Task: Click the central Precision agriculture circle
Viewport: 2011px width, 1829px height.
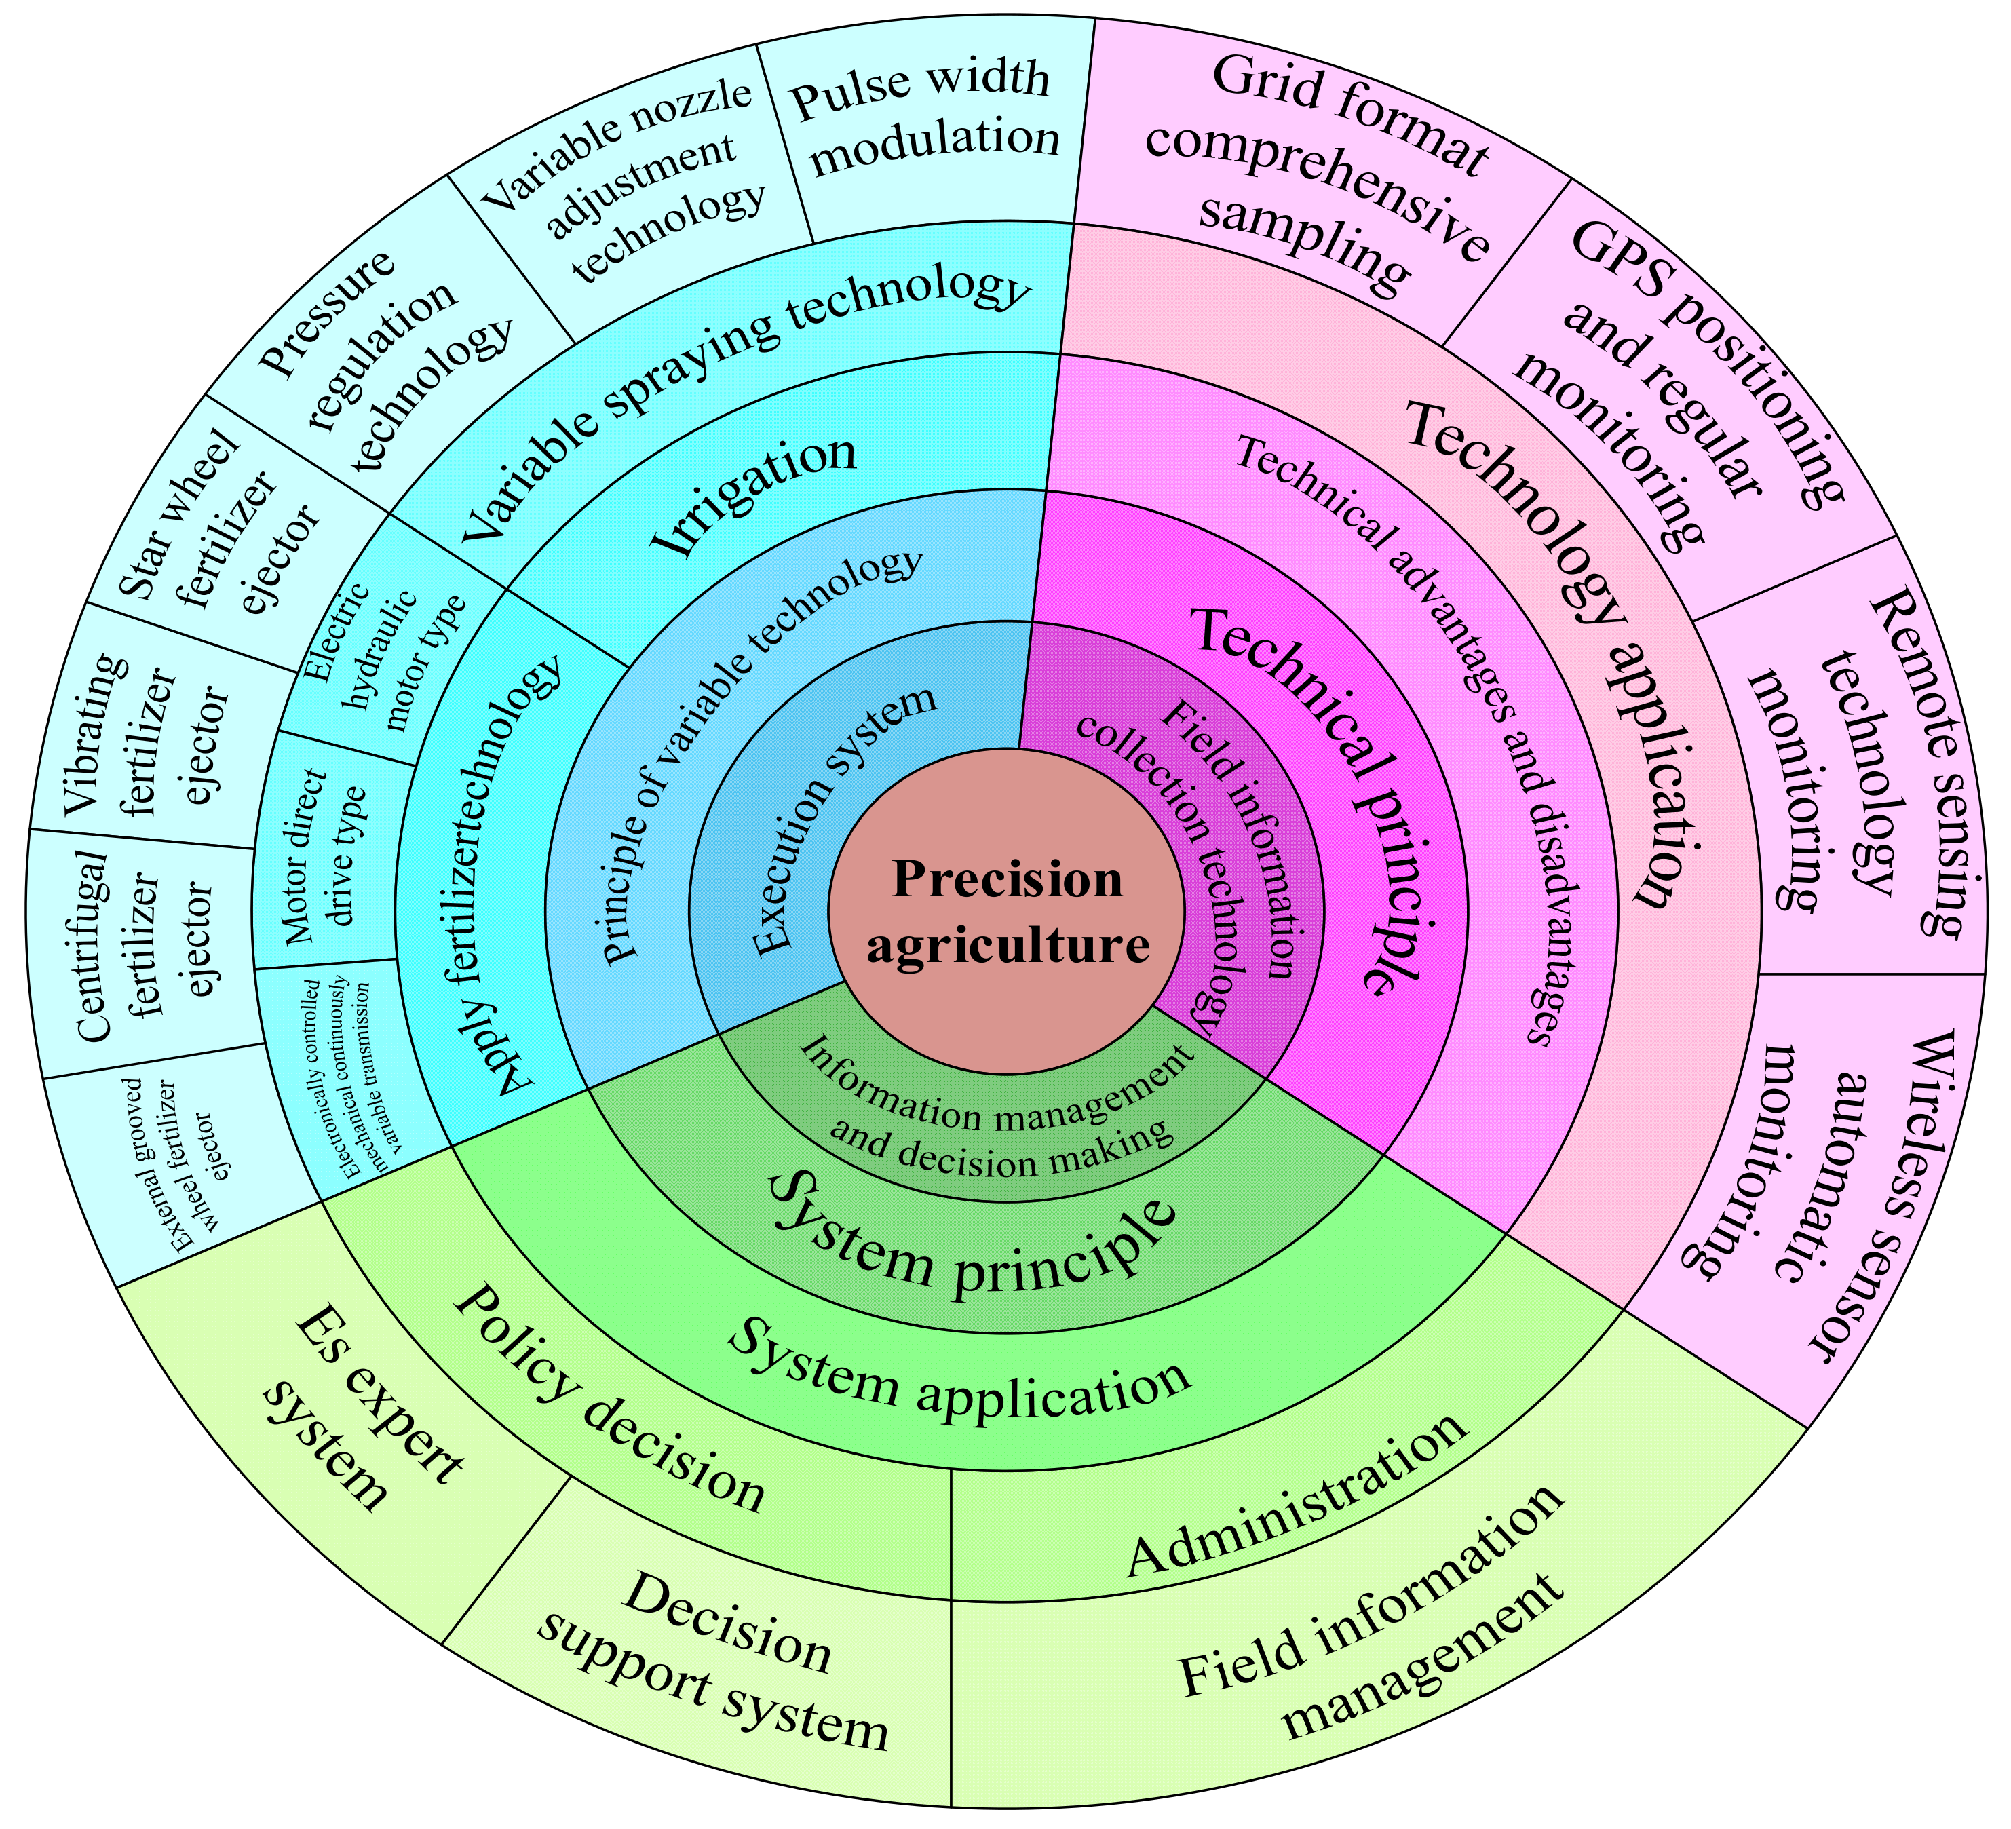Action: [1005, 912]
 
